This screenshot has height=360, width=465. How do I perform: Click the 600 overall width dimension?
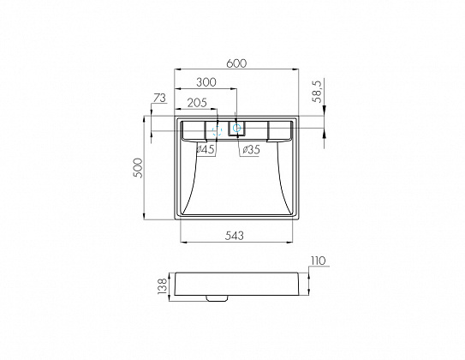click(x=238, y=63)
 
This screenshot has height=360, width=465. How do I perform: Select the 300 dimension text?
click(x=206, y=83)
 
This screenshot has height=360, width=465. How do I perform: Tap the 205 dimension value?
click(x=196, y=102)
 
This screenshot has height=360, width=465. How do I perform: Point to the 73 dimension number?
click(x=158, y=99)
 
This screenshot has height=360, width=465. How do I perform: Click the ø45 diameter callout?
click(x=206, y=151)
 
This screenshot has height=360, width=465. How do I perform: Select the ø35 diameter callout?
click(x=250, y=151)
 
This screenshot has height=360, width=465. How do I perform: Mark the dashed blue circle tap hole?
click(x=216, y=131)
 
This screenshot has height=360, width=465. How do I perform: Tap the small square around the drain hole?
click(x=236, y=129)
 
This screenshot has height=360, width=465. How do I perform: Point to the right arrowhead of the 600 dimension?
click(x=298, y=69)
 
